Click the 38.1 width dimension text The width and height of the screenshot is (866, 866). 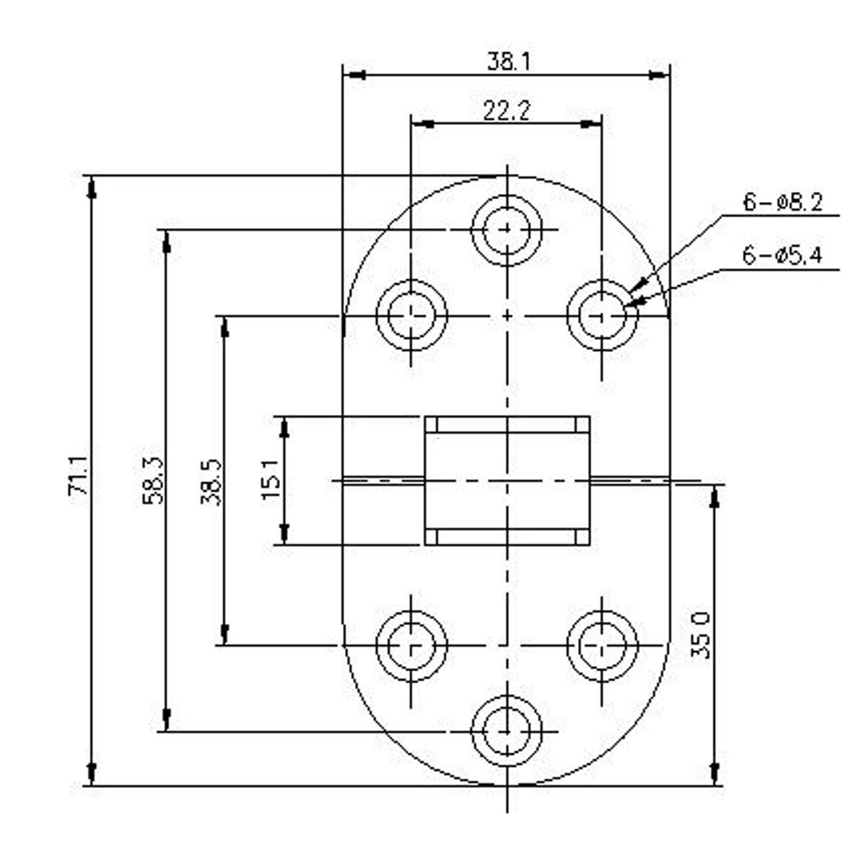(508, 61)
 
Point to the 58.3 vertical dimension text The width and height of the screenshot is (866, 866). (154, 480)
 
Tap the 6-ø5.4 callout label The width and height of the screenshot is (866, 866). (782, 255)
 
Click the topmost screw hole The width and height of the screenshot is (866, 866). (507, 229)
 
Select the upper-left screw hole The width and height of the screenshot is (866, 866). (411, 315)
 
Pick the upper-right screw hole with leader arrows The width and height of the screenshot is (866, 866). (602, 315)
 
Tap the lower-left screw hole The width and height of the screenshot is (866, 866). (411, 644)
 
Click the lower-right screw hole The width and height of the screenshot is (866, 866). (602, 644)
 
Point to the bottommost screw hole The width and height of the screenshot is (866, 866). (507, 731)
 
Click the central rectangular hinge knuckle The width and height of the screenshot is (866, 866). (507, 480)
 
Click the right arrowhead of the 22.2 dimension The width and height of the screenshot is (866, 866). (591, 124)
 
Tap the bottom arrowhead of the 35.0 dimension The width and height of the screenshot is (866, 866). (715, 773)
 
